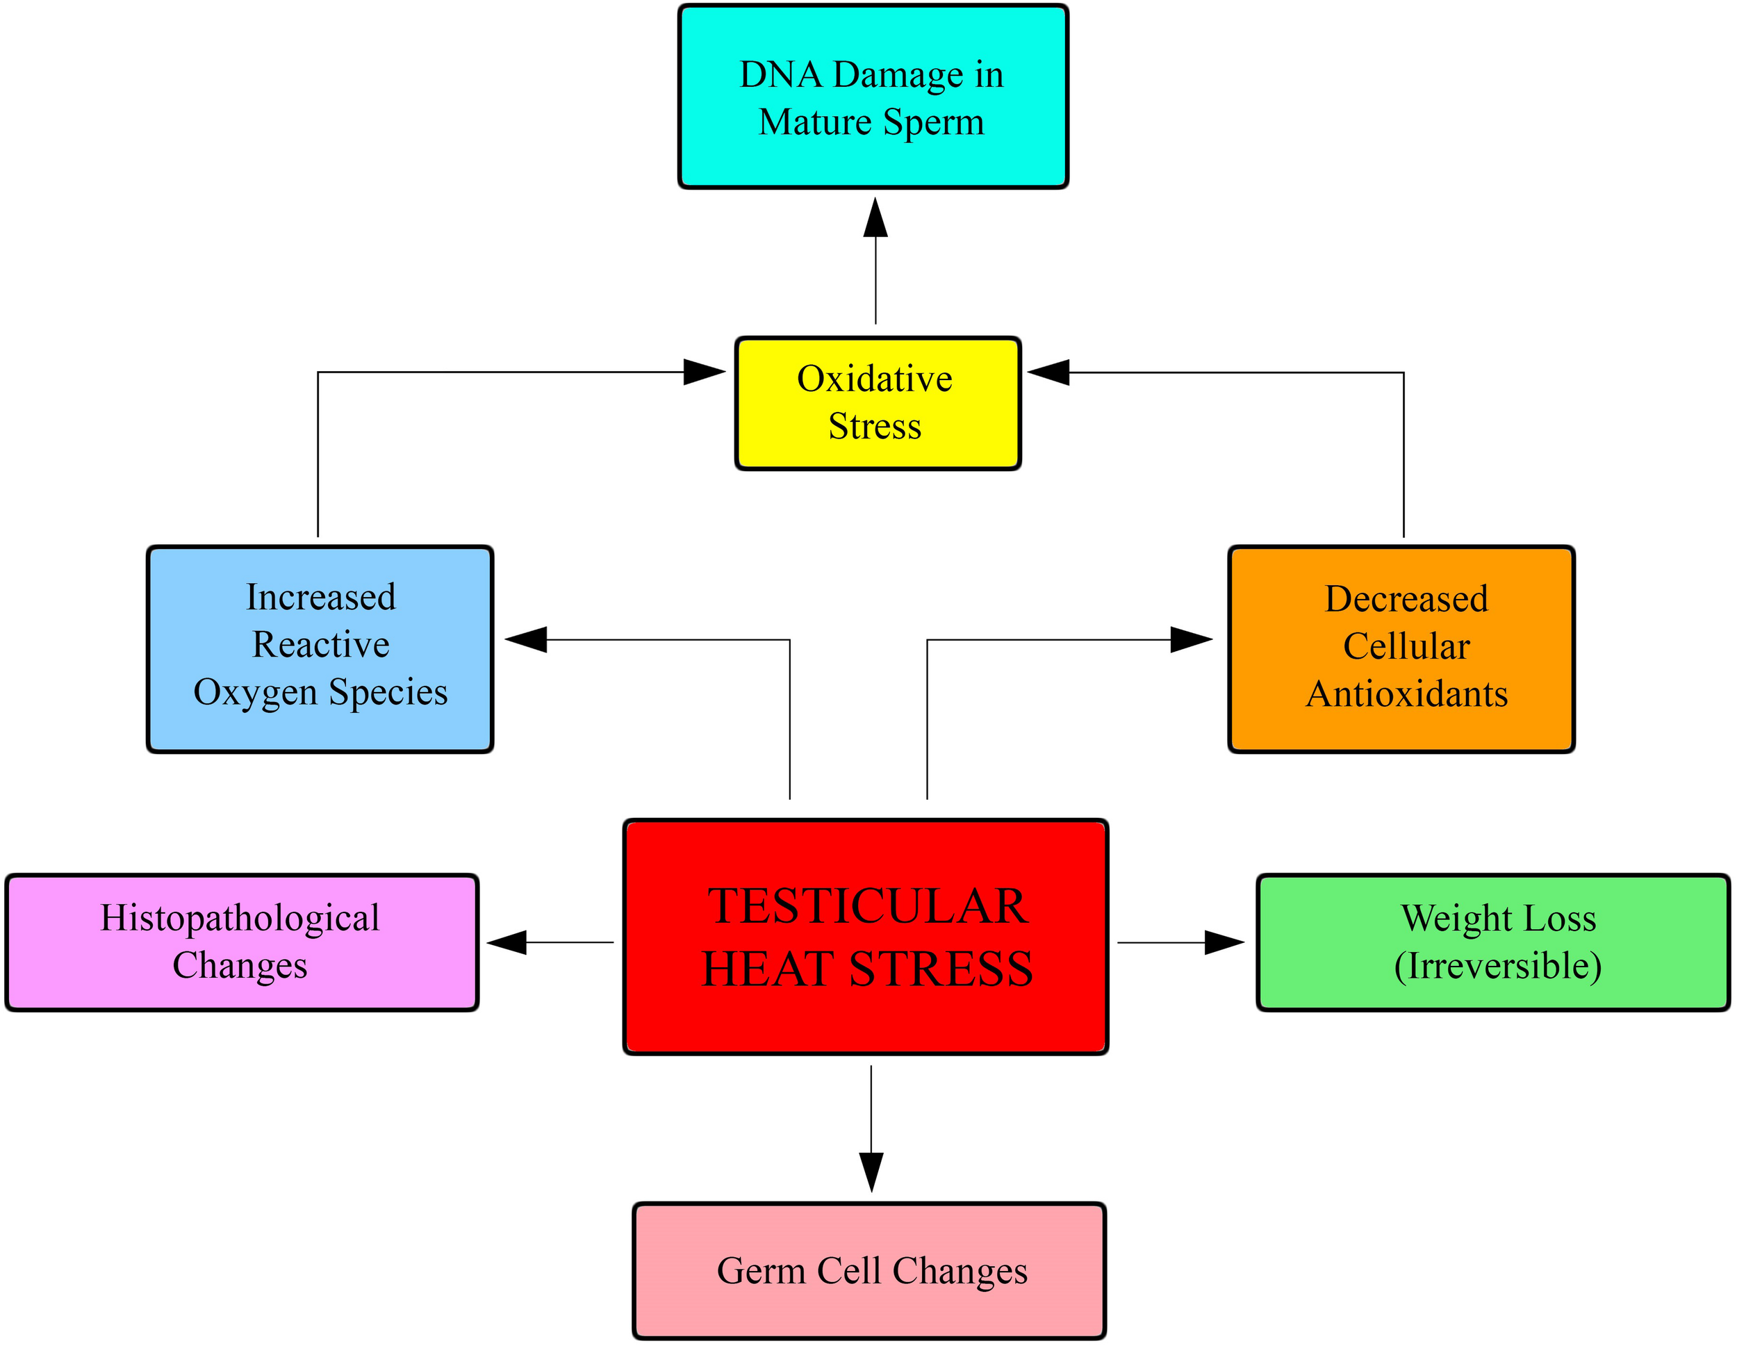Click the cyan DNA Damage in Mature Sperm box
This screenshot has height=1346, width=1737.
click(x=873, y=97)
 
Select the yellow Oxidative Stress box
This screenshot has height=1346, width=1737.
click(x=878, y=403)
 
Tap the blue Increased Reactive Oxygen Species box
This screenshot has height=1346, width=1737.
click(x=320, y=649)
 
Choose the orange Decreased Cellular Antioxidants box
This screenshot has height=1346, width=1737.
click(x=1401, y=649)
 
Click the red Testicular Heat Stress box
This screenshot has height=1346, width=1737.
click(x=865, y=937)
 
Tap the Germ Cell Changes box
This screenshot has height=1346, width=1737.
click(x=869, y=1270)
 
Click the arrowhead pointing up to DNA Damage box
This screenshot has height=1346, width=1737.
click(x=875, y=219)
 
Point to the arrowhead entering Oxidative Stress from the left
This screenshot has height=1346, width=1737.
click(x=704, y=372)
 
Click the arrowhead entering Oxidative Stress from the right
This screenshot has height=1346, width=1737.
click(x=1049, y=372)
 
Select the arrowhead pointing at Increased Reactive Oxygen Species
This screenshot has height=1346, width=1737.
click(x=527, y=639)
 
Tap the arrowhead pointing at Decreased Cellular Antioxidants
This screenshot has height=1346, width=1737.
click(x=1191, y=639)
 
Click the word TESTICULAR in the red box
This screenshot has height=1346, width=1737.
click(x=868, y=906)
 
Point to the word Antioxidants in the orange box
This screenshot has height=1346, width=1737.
click(x=1407, y=693)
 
